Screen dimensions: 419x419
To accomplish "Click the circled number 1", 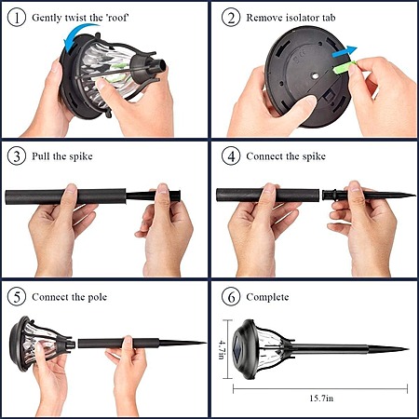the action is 17,18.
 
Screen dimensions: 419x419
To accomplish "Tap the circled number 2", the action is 231,18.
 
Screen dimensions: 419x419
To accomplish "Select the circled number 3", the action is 17,155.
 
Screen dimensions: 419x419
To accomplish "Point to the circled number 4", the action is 231,155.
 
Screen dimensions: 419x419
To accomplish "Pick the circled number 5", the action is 17,297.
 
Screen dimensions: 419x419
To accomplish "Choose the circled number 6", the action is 231,297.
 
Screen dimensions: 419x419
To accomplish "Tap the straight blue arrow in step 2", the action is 344,52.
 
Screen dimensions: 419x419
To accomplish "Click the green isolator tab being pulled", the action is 344,67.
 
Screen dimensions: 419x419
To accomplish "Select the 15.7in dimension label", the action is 321,399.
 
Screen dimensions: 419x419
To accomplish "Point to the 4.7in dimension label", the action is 223,350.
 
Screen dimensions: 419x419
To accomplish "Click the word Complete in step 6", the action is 267,297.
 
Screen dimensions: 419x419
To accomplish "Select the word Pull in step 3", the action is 41,155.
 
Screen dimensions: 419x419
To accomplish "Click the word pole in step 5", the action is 97,297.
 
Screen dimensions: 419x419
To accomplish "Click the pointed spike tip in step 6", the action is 407,349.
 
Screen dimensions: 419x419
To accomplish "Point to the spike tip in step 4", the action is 414,196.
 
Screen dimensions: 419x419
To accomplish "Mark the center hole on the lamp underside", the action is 315,75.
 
